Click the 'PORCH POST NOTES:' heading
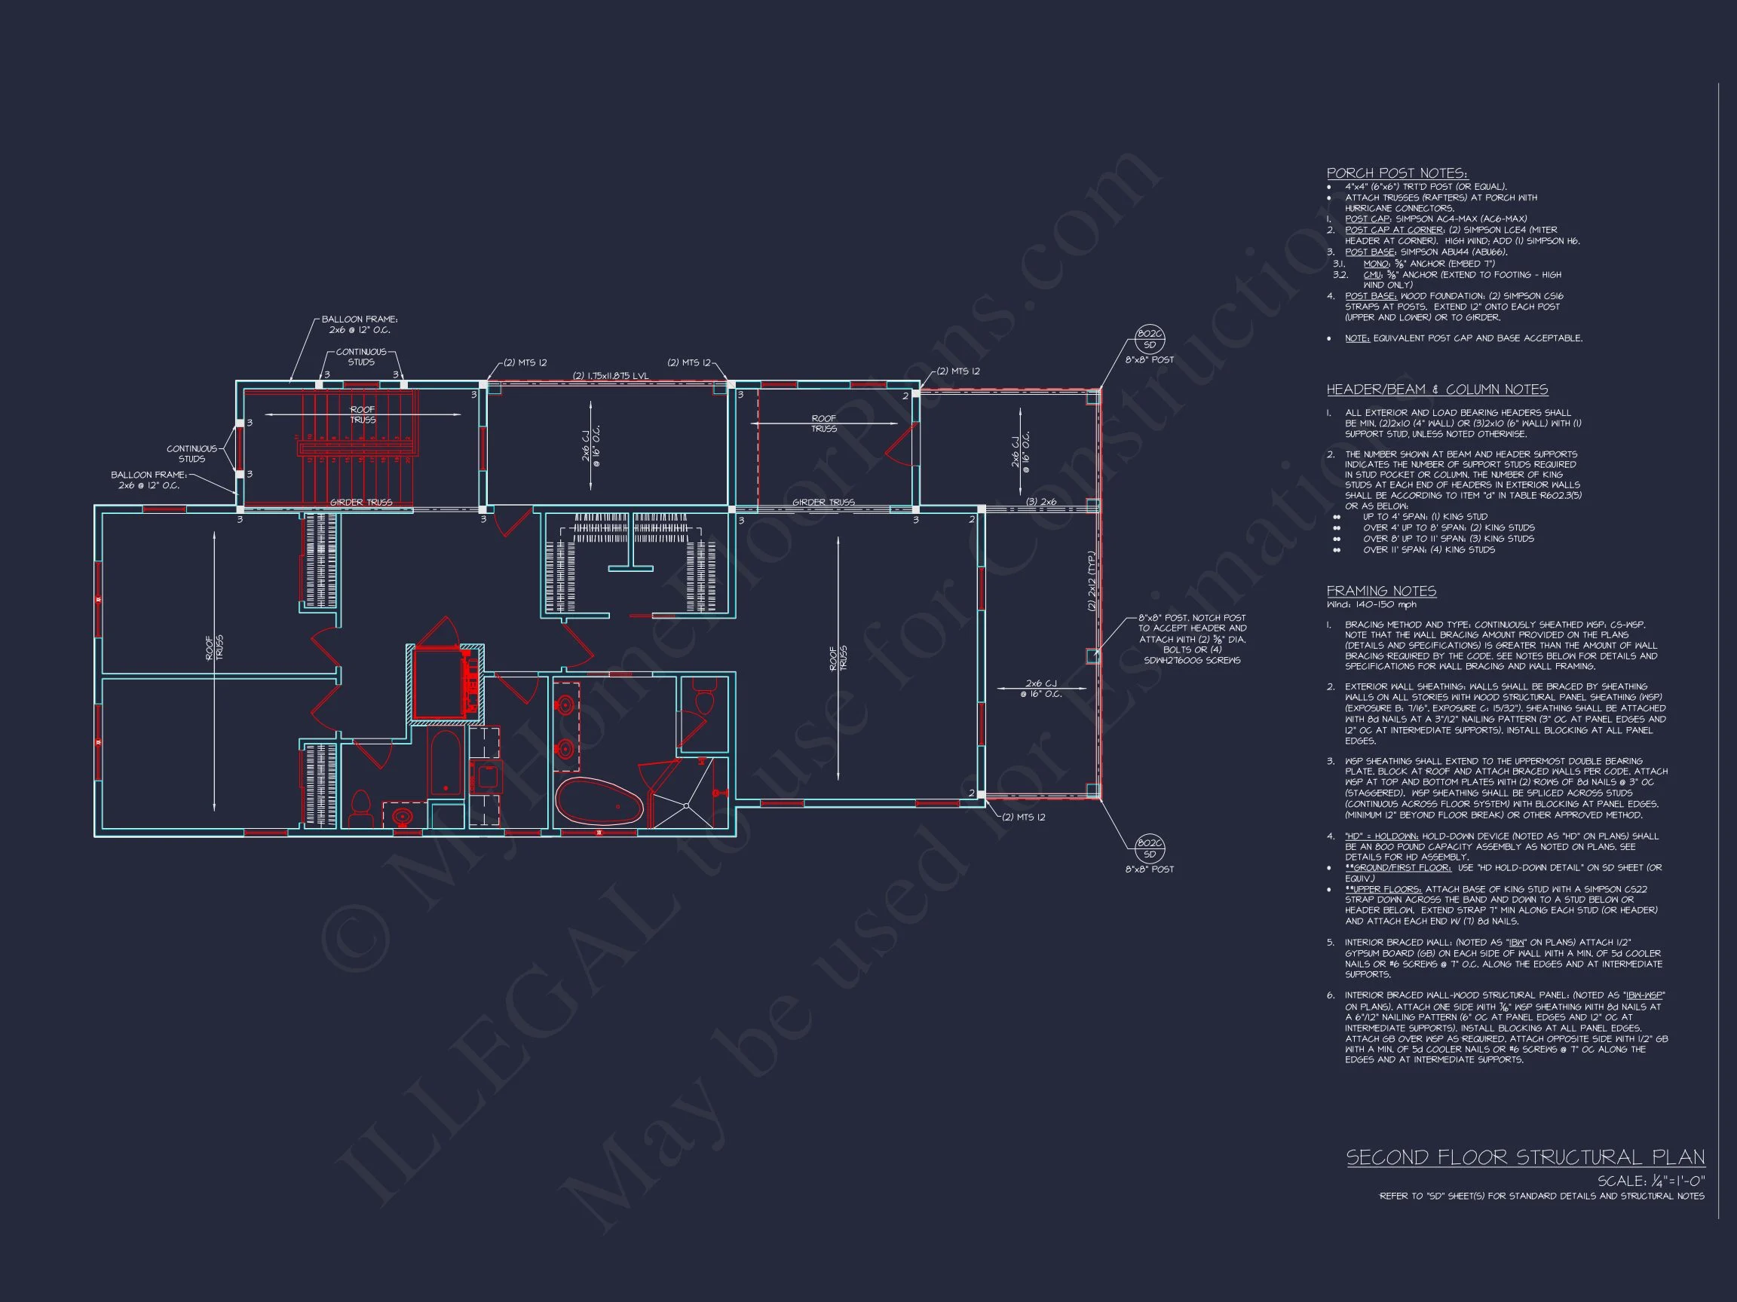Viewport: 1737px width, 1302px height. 1396,173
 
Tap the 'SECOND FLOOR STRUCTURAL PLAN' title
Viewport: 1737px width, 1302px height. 1525,1157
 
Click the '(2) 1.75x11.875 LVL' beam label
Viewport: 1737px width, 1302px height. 610,376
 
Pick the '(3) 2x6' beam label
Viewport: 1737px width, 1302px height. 1041,502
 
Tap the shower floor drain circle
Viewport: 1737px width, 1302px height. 686,805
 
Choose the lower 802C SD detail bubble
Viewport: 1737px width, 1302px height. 1150,848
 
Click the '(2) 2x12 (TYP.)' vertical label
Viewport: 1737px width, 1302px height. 1091,582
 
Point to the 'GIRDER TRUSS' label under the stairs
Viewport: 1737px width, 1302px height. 360,503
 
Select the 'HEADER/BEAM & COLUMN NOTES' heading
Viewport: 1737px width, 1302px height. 1437,390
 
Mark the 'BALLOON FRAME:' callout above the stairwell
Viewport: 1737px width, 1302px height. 360,319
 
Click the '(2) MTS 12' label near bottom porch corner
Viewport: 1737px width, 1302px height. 1023,818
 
